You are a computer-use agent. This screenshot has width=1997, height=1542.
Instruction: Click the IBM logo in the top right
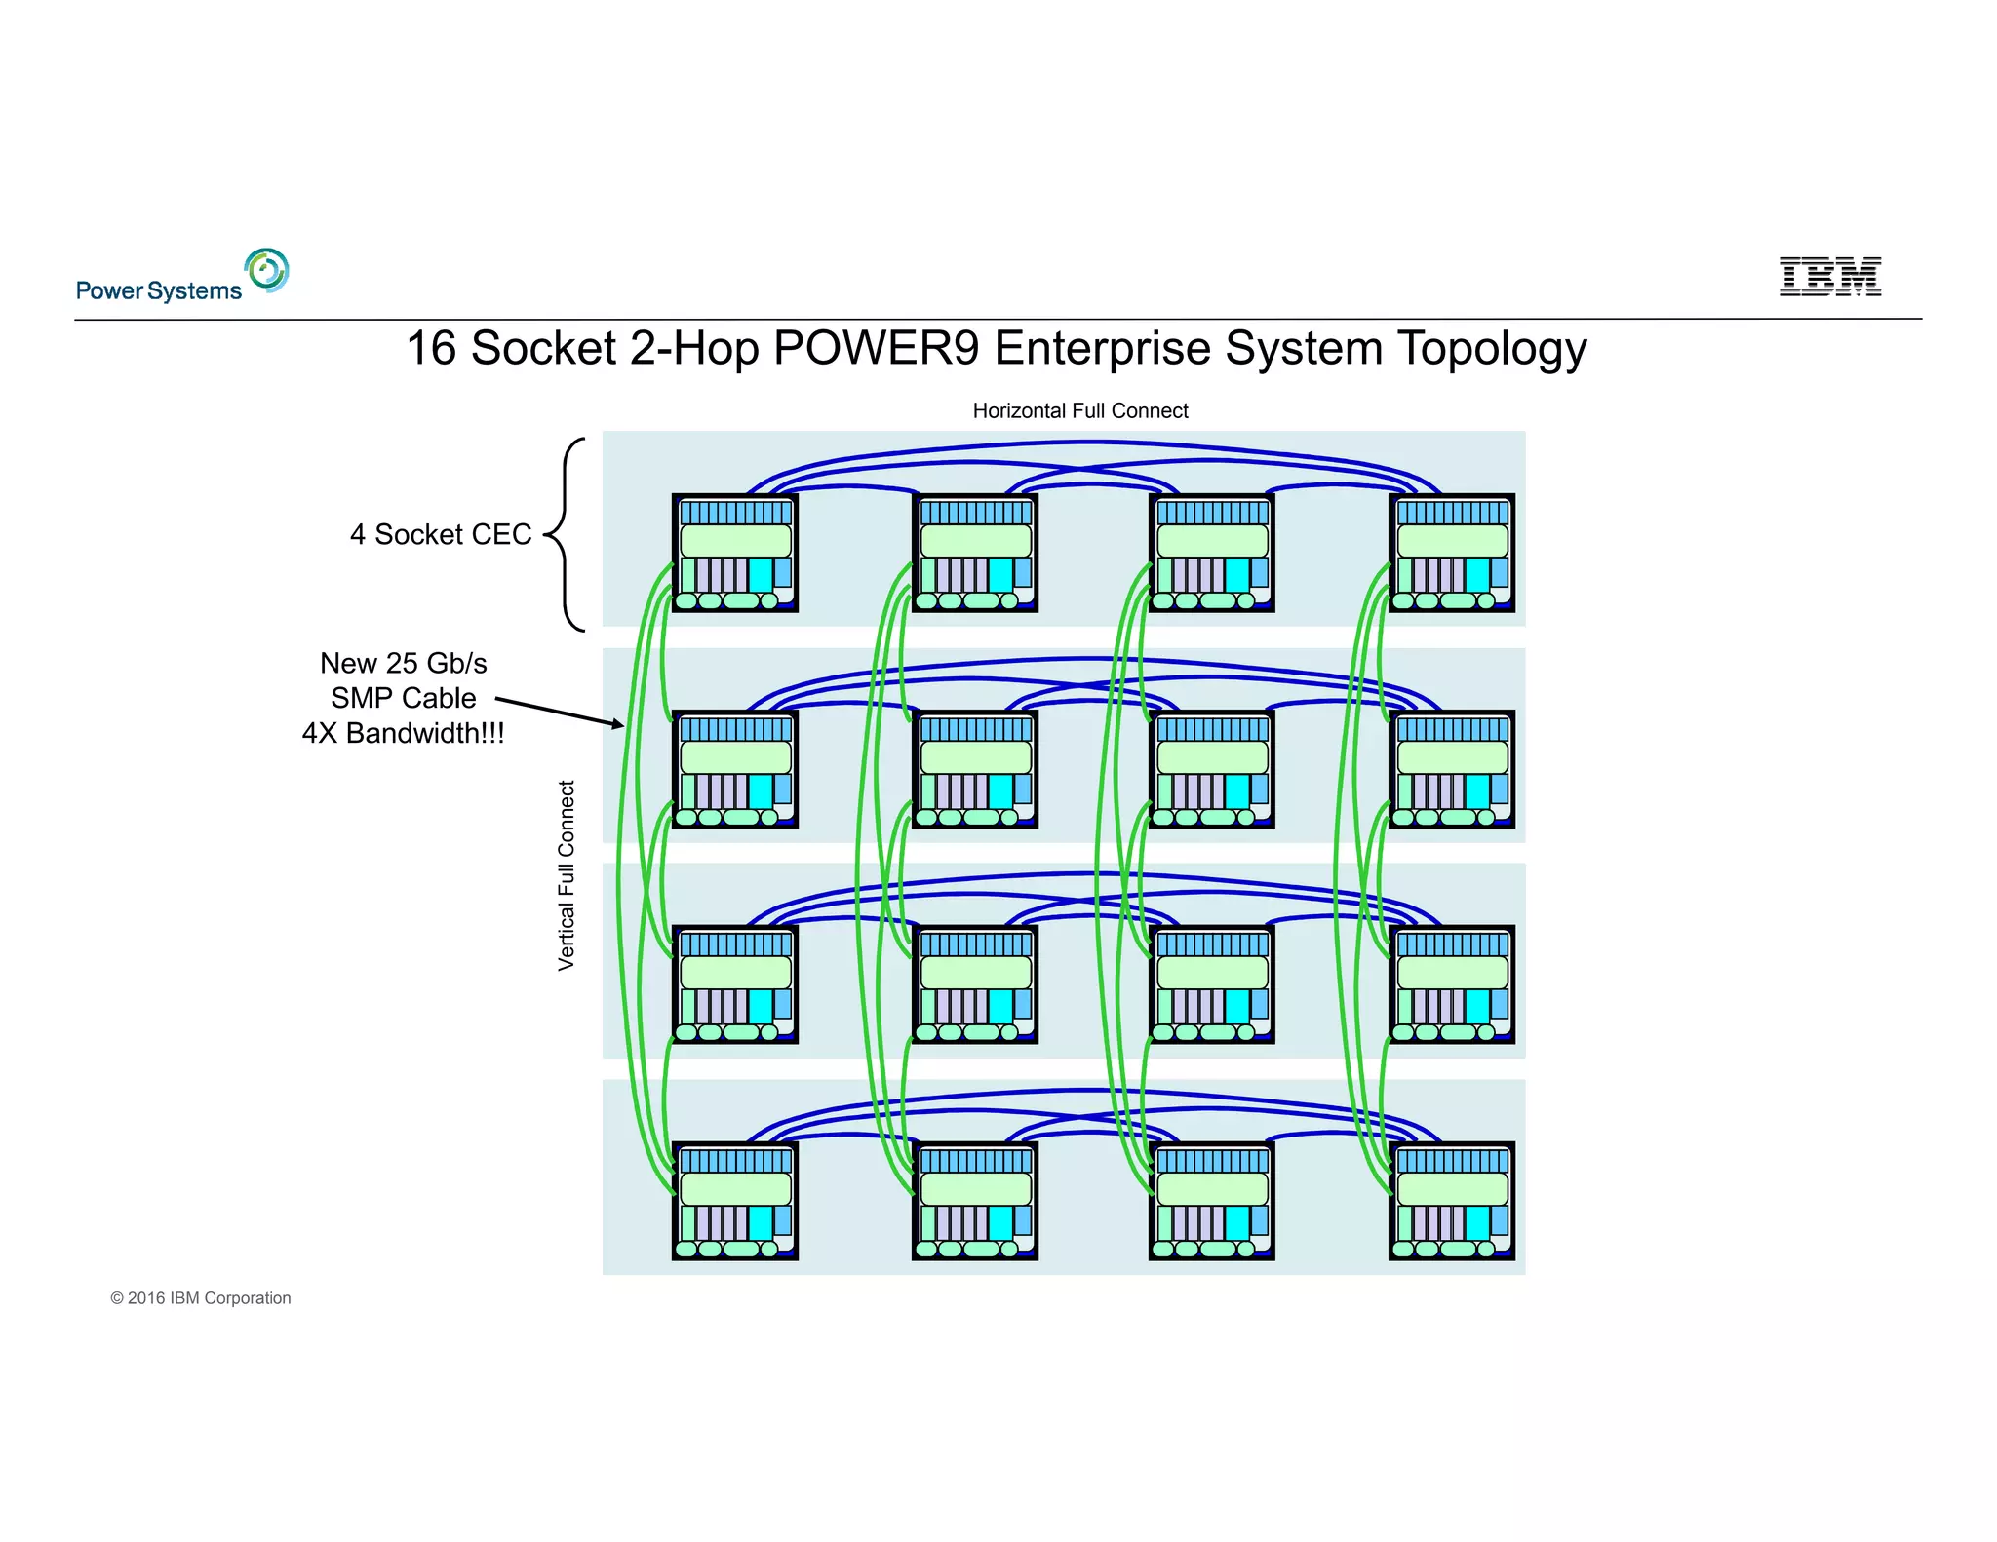tap(1829, 277)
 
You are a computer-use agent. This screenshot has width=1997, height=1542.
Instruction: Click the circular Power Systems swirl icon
tap(267, 270)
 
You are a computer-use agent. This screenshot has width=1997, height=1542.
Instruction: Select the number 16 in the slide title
tap(431, 348)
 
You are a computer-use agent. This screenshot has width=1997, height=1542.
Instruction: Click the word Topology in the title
tap(1492, 350)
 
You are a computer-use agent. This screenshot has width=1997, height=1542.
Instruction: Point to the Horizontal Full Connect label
tap(1080, 411)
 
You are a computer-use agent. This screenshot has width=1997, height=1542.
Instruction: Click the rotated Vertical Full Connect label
tap(567, 875)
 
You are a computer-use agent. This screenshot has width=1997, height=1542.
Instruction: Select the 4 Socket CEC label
tap(441, 534)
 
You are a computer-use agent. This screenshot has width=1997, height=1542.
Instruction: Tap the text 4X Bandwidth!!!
tap(403, 733)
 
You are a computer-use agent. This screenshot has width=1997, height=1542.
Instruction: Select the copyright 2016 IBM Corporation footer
tap(201, 1298)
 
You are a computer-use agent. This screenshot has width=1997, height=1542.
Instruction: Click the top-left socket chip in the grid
tap(735, 553)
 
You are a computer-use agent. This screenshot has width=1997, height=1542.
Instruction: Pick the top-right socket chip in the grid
tap(1452, 553)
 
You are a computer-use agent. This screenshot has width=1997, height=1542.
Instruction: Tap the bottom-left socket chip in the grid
tap(735, 1201)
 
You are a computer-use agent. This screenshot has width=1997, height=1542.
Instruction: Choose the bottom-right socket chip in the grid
tap(1452, 1201)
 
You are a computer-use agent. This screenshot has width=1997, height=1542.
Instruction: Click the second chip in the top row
tap(975, 553)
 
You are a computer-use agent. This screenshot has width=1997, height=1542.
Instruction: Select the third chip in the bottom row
tap(1212, 1201)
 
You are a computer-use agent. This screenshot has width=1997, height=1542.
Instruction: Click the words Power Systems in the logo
tap(159, 291)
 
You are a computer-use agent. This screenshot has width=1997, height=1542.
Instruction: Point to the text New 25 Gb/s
tap(403, 663)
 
